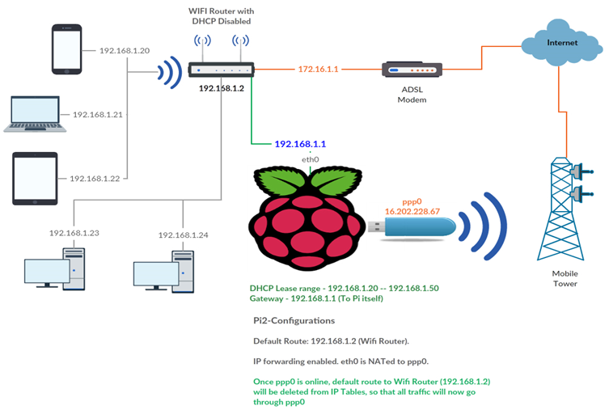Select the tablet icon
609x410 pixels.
34,178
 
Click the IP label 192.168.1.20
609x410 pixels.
125,50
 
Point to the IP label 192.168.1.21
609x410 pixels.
98,115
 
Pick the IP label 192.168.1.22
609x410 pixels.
95,178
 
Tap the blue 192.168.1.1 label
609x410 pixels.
300,144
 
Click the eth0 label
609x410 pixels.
311,160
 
